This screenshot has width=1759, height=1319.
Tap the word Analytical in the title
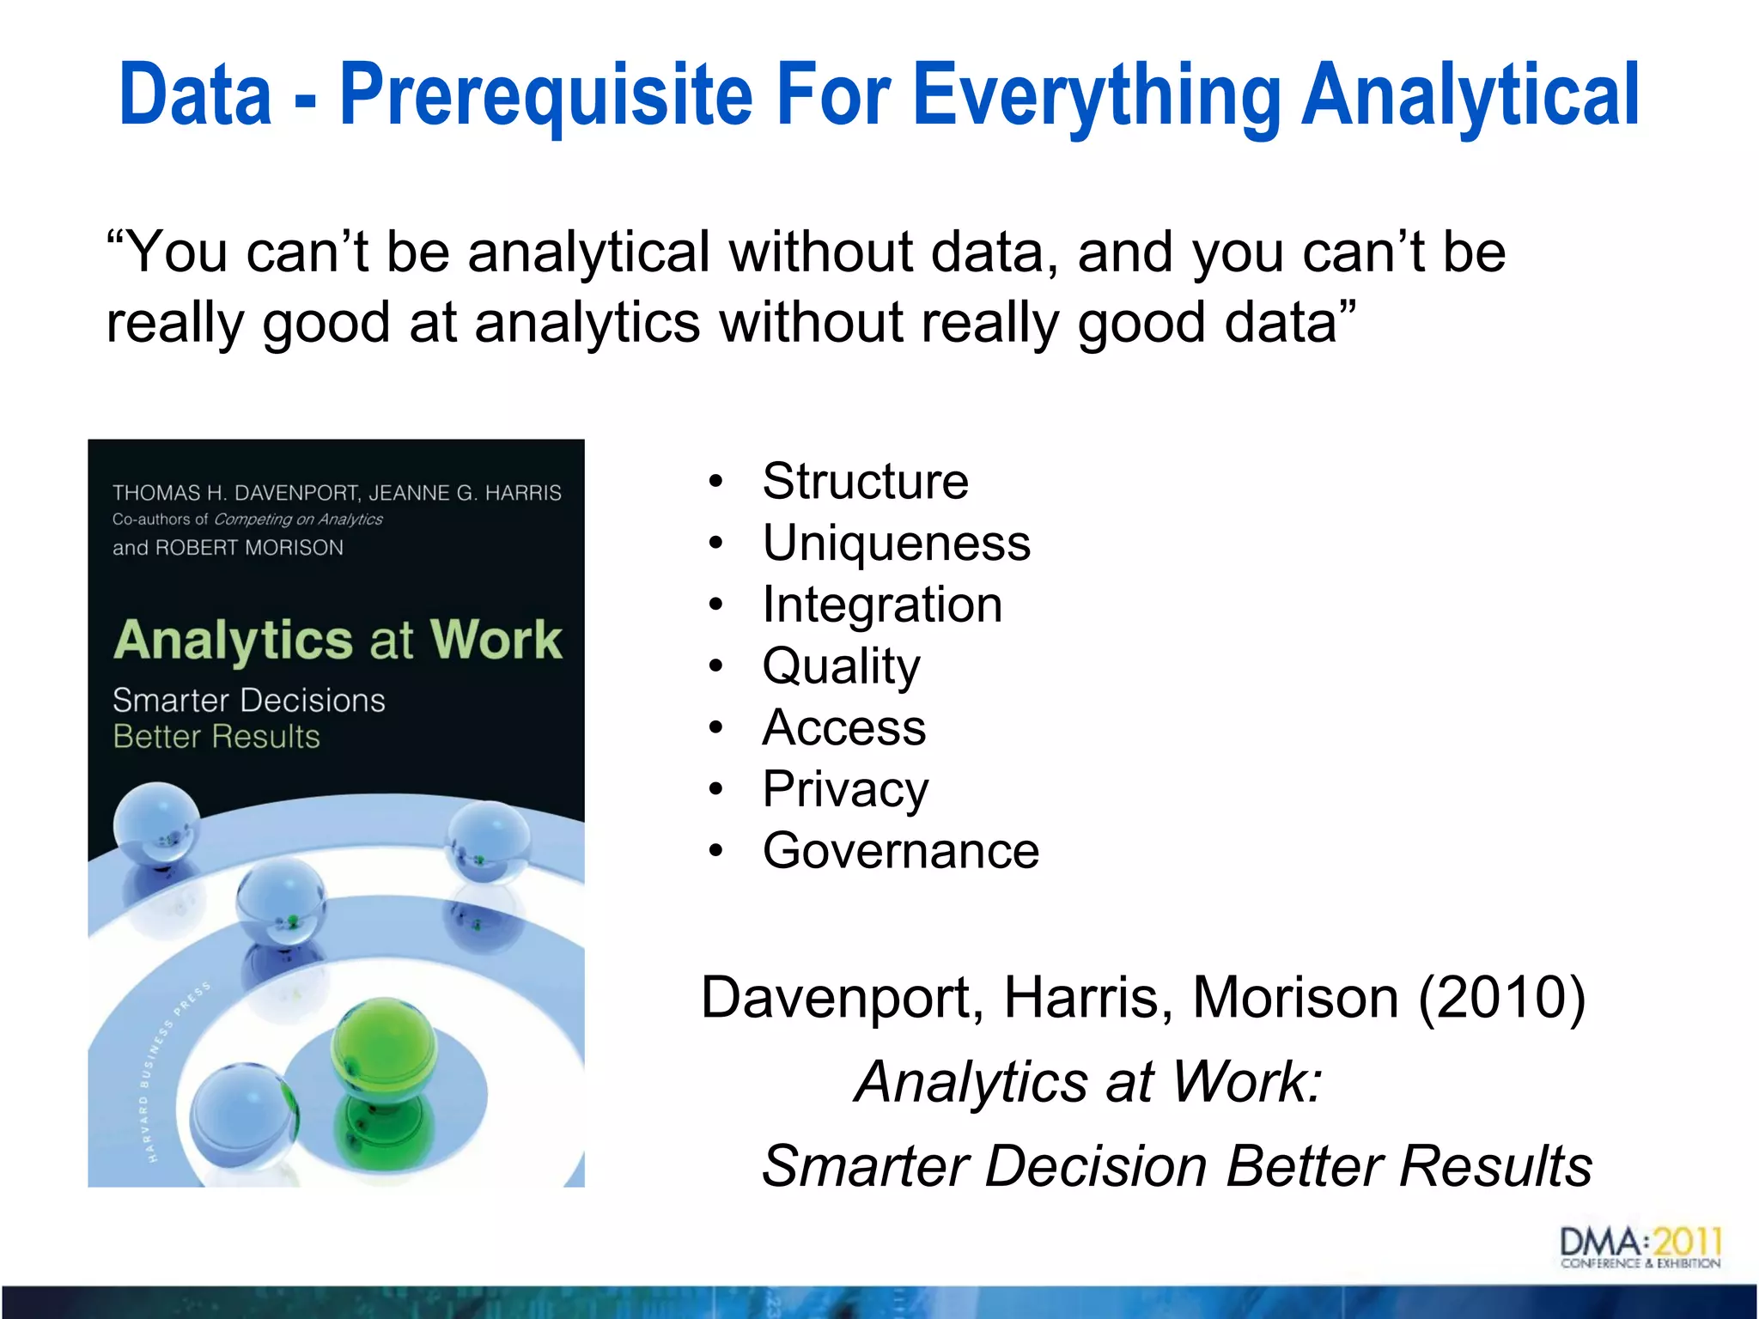(x=1470, y=96)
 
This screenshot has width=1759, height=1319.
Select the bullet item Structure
(x=865, y=481)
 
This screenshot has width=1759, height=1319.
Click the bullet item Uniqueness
(x=896, y=543)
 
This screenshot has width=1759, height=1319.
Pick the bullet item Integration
(x=882, y=605)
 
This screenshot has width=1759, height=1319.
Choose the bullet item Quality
(x=841, y=666)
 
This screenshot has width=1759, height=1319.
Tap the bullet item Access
(x=843, y=728)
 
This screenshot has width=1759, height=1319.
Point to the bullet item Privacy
(x=845, y=790)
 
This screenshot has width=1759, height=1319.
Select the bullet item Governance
(x=900, y=852)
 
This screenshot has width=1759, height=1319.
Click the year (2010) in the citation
(x=1501, y=998)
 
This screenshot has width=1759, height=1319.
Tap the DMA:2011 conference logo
(x=1640, y=1248)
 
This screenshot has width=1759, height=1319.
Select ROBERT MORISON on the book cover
(x=249, y=548)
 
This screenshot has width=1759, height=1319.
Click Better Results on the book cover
(x=216, y=737)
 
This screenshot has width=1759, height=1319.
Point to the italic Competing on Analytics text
(x=298, y=520)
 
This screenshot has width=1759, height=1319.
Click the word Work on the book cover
(x=496, y=640)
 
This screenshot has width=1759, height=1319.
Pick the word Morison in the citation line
(x=1295, y=998)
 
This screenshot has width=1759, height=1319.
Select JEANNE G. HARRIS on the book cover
(x=465, y=493)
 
